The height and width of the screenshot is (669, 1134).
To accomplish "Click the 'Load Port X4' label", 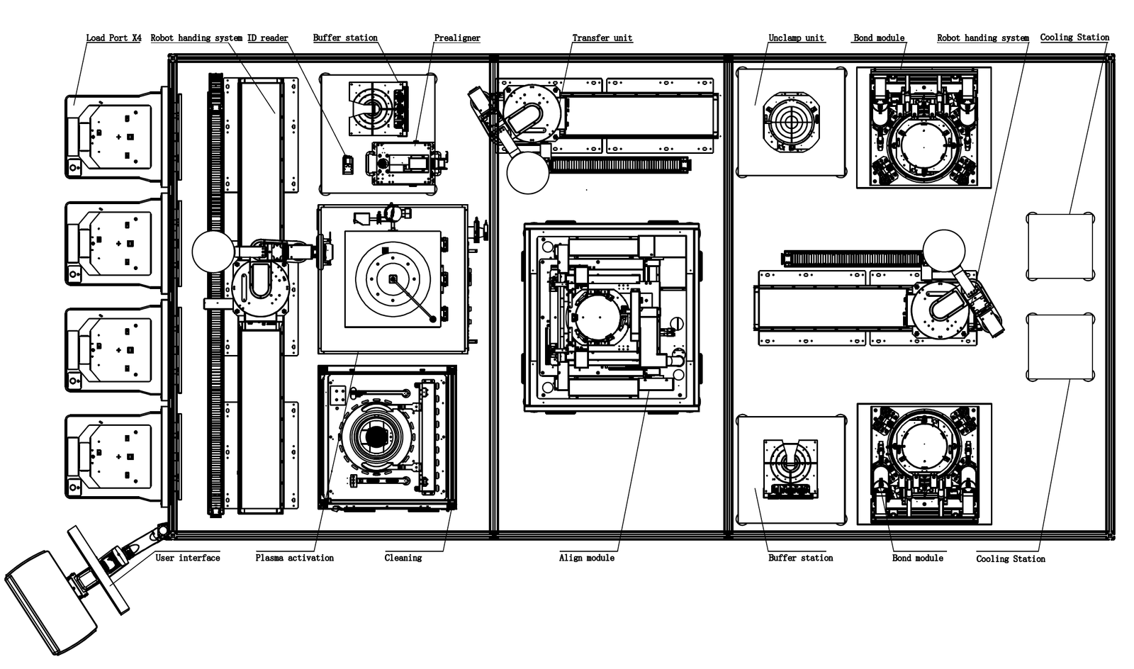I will click(x=113, y=38).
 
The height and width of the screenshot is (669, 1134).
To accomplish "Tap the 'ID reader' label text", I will click(x=267, y=38).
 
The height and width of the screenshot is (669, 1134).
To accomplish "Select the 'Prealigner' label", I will click(x=457, y=38).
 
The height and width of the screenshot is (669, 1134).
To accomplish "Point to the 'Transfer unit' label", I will click(x=602, y=38).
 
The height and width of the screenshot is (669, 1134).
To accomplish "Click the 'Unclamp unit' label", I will click(x=796, y=38).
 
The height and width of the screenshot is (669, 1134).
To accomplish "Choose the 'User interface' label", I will click(x=188, y=558).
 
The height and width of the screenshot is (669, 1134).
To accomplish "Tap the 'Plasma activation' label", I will click(x=294, y=558).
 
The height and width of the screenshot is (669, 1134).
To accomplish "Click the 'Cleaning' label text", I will click(x=403, y=558).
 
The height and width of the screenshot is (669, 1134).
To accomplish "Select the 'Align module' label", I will click(x=586, y=558).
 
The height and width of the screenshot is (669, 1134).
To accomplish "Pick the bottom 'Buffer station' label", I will click(x=800, y=558).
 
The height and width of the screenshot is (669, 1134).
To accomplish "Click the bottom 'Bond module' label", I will click(x=917, y=558).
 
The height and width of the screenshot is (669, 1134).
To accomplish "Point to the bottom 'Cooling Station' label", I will click(x=1010, y=558).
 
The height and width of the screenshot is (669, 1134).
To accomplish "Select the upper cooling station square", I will click(x=1060, y=247).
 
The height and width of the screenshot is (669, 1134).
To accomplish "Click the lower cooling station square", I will click(x=1060, y=347).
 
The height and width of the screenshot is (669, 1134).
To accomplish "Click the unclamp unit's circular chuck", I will click(x=791, y=123).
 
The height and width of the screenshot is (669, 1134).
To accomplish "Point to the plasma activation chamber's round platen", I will click(x=393, y=279).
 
